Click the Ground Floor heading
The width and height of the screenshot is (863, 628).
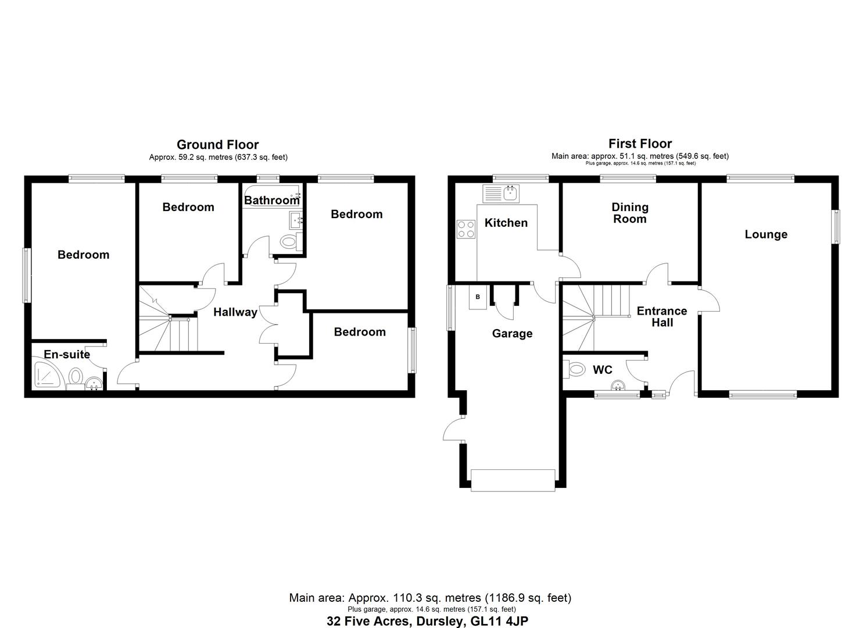[x=217, y=145]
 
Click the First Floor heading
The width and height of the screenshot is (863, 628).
[x=640, y=144]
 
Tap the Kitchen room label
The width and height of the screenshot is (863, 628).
[x=506, y=223]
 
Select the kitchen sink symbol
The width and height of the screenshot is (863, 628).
[x=502, y=193]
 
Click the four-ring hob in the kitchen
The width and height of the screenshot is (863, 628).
[x=465, y=229]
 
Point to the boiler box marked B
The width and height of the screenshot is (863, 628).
[x=478, y=297]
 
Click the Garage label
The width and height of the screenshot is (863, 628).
[x=512, y=333]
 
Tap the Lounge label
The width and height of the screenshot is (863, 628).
[x=766, y=234]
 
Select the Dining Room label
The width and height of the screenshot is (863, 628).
[x=629, y=213]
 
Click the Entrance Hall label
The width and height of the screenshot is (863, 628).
[x=662, y=316]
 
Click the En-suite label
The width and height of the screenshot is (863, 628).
[x=67, y=354]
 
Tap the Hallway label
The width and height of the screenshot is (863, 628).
[x=235, y=312]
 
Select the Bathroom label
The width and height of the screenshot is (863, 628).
[x=271, y=201]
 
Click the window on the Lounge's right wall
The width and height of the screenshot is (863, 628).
[x=836, y=226]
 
